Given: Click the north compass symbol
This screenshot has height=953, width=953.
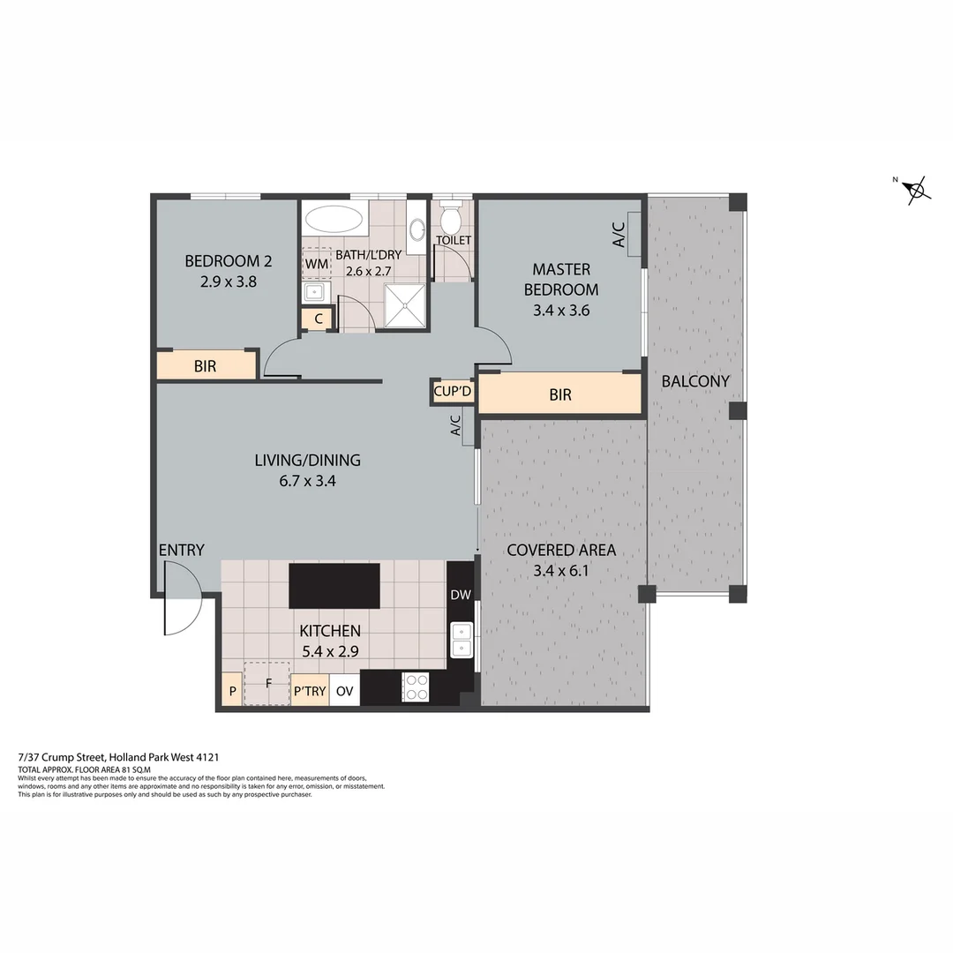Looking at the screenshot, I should pyautogui.click(x=917, y=189).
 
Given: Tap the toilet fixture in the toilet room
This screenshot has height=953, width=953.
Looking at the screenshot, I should pyautogui.click(x=451, y=216).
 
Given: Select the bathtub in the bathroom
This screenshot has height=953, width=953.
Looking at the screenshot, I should pyautogui.click(x=334, y=218).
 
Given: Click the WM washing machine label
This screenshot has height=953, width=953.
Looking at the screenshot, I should pyautogui.click(x=316, y=263).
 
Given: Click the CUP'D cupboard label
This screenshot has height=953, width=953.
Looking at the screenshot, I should pyautogui.click(x=453, y=391).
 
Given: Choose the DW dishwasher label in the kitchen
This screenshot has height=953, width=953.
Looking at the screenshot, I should pyautogui.click(x=461, y=595).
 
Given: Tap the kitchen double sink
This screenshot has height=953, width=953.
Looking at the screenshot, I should pyautogui.click(x=461, y=640).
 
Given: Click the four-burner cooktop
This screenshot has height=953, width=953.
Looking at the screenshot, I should pyautogui.click(x=416, y=687).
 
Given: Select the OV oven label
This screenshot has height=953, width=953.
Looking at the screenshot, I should pyautogui.click(x=345, y=691).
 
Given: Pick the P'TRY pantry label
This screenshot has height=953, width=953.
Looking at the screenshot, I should pyautogui.click(x=310, y=691).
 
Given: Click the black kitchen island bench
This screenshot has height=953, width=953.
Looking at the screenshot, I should pyautogui.click(x=334, y=586).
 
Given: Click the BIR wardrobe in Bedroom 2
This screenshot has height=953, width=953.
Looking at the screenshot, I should pyautogui.click(x=206, y=365).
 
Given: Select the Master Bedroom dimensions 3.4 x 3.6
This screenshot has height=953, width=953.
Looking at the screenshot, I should pyautogui.click(x=560, y=310).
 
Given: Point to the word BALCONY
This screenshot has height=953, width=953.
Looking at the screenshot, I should pyautogui.click(x=695, y=381).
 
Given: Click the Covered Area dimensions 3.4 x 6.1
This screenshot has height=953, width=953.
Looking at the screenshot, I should pyautogui.click(x=560, y=570).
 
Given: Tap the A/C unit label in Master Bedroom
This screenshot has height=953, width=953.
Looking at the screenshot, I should pyautogui.click(x=619, y=234).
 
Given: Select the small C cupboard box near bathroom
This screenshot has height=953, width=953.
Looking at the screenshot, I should pyautogui.click(x=317, y=319).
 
